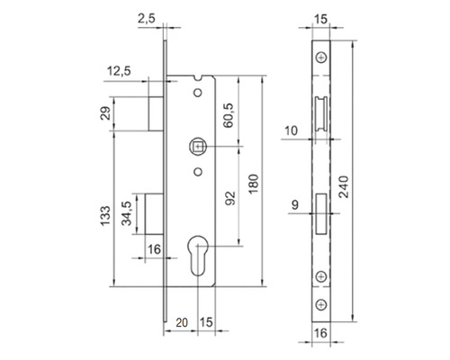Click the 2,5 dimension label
(147, 19)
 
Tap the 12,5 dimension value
(119, 71)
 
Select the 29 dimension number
(105, 113)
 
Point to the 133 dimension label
(105, 216)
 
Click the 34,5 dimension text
(127, 213)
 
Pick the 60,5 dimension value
(229, 115)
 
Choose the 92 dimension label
(230, 198)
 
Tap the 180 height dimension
(254, 184)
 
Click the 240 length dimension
(344, 187)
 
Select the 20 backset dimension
(182, 323)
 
